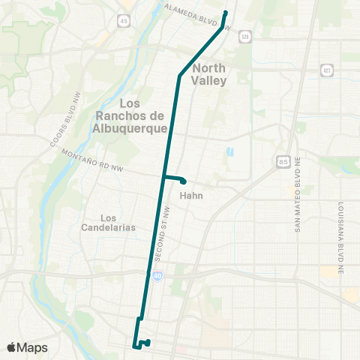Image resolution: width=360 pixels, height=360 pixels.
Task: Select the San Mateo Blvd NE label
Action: tap(297, 204)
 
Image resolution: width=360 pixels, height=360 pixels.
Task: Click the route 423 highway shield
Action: tap(326, 69)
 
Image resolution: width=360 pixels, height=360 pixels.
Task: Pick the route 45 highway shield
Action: tap(122, 21)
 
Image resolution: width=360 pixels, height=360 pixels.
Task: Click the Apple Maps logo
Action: tap(27, 347)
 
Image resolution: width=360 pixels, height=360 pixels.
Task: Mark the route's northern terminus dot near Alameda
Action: tap(226, 13)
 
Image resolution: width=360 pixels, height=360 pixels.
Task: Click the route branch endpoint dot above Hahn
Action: tap(184, 181)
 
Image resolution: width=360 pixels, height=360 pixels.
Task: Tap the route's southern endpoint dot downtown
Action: tap(148, 342)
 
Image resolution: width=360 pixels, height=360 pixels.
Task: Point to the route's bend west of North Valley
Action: tap(179, 76)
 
